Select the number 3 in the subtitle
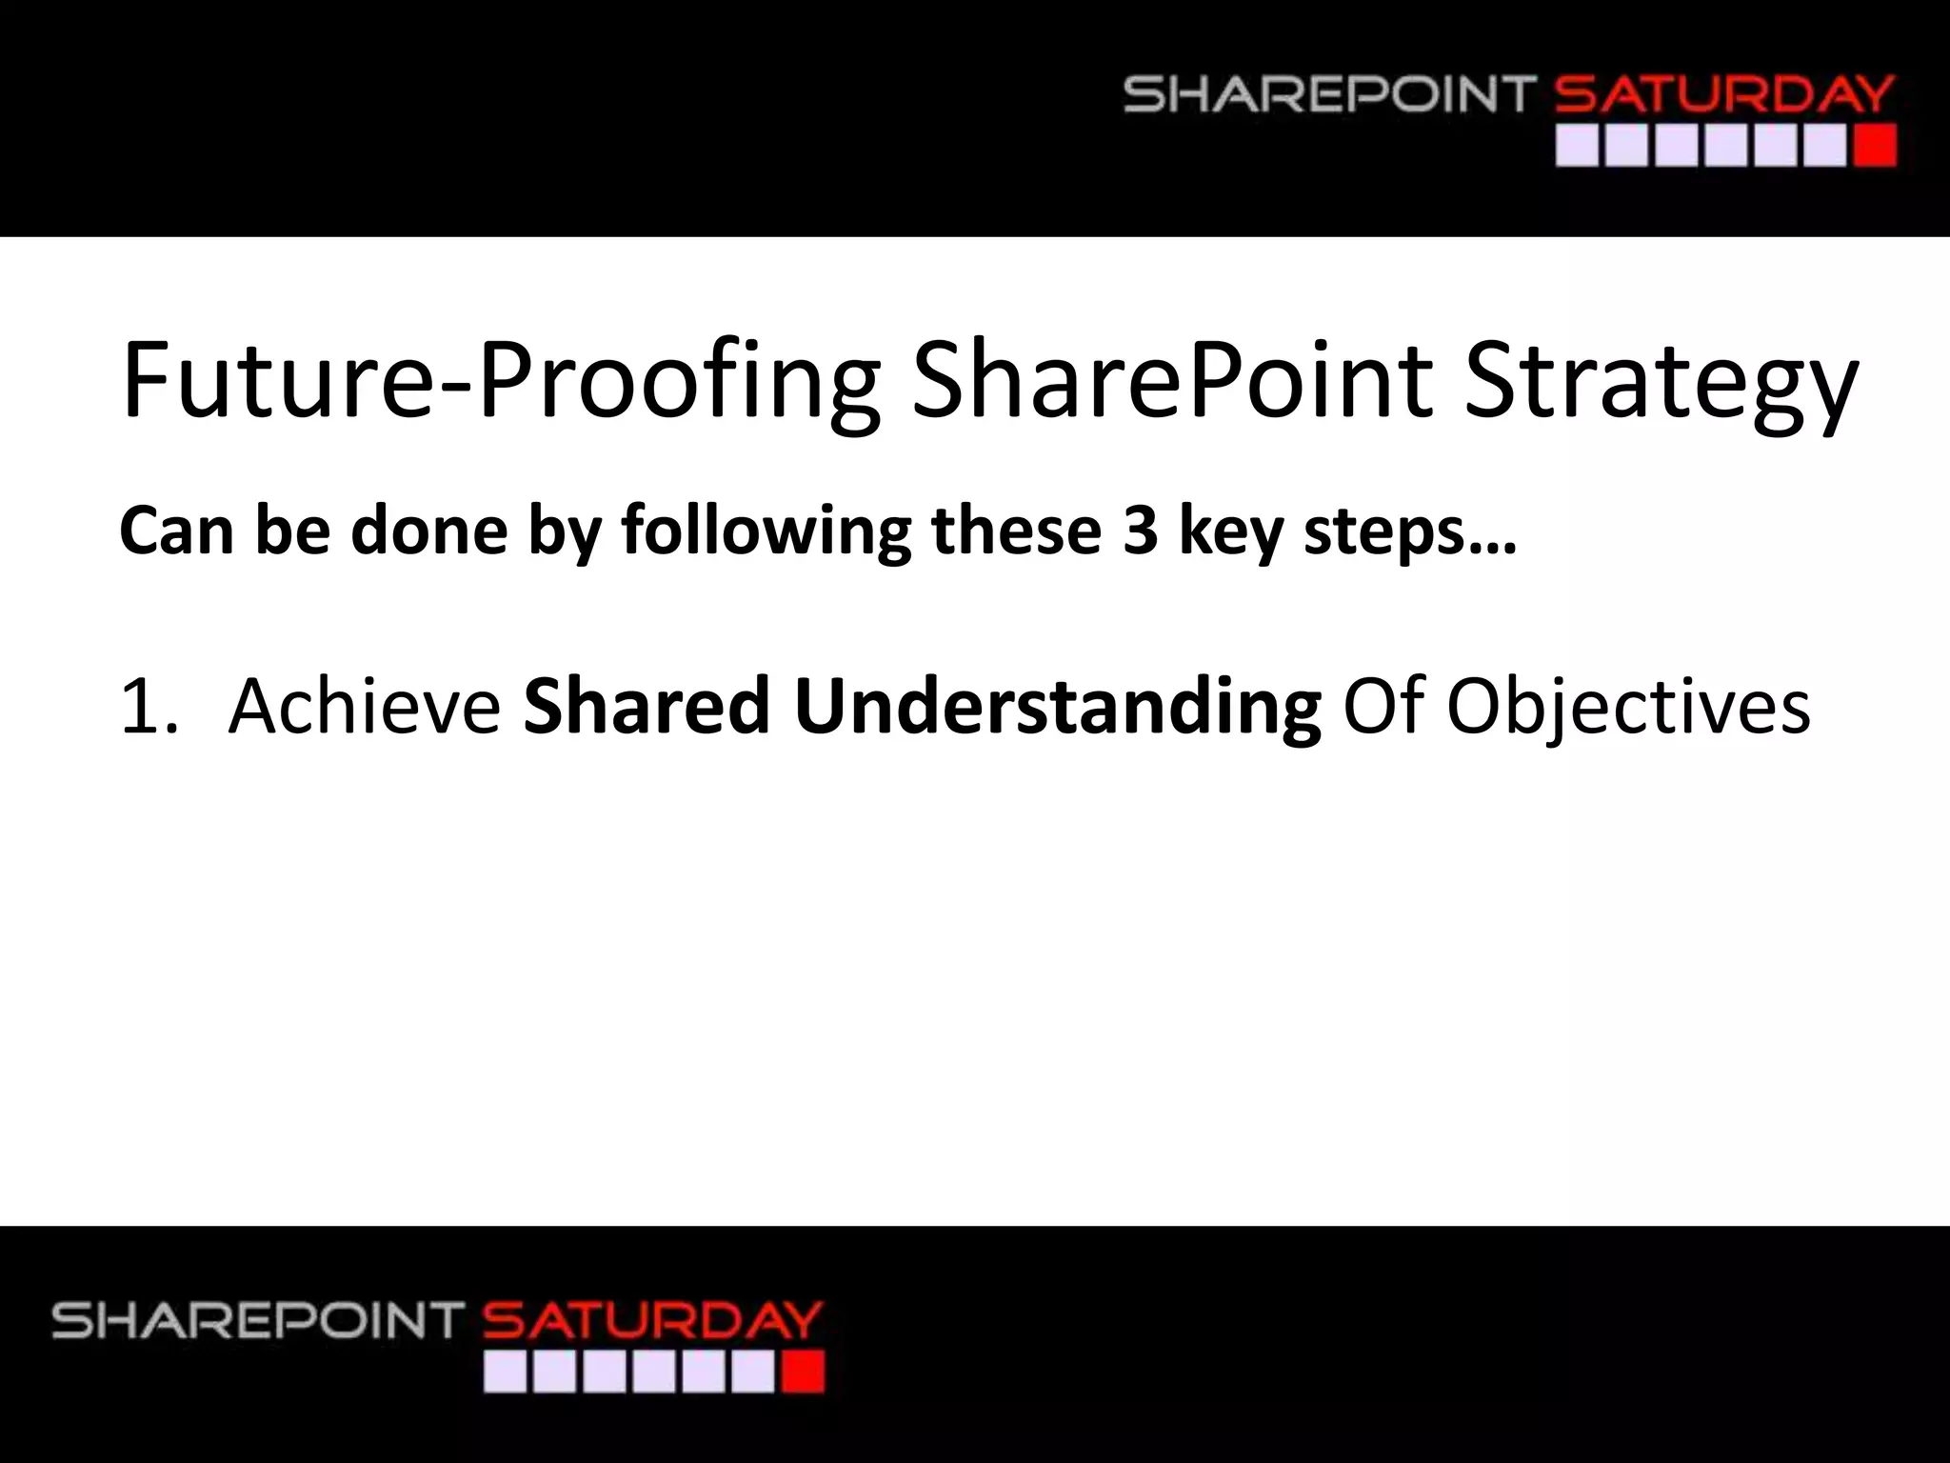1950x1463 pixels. click(x=1140, y=531)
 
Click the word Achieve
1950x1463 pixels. click(x=365, y=707)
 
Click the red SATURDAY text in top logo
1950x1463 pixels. click(x=1723, y=96)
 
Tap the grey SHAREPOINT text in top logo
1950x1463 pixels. click(x=1329, y=96)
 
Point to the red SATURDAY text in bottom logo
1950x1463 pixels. click(x=652, y=1322)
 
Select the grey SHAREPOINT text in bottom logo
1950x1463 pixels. click(x=257, y=1322)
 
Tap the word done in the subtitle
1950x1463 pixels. click(x=428, y=531)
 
